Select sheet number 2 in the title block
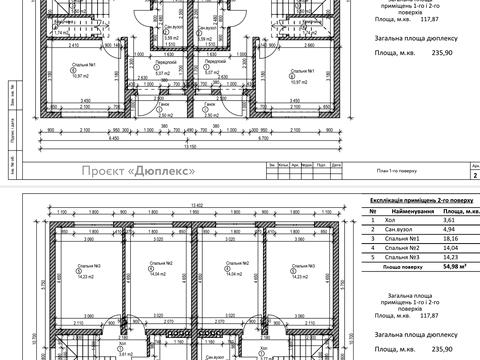pyautogui.click(x=474, y=172)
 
